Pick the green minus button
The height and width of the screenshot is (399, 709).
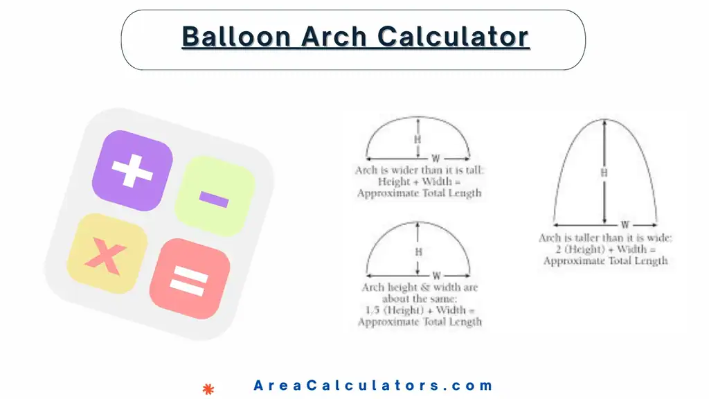coord(214,197)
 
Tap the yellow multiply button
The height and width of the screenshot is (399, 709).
coord(106,254)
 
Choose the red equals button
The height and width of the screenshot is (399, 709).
coord(189,278)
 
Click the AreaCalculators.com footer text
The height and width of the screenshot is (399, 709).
coord(373,386)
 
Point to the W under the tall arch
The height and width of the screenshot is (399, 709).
coord(625,225)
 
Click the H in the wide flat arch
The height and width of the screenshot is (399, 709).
coord(418,140)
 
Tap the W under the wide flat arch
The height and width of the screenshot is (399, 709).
coord(436,158)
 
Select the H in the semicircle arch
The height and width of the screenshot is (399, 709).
coord(418,253)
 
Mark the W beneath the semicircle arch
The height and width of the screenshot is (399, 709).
coord(436,276)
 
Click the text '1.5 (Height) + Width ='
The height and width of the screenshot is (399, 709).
coord(420,310)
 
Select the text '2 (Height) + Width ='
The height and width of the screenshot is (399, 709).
coord(605,249)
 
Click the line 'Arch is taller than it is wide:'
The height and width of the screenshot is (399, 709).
coord(605,238)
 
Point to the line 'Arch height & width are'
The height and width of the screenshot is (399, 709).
coord(420,287)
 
